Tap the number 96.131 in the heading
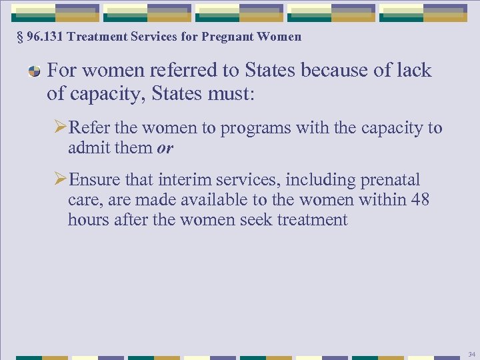(44, 37)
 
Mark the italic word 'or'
(165, 149)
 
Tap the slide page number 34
(471, 354)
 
